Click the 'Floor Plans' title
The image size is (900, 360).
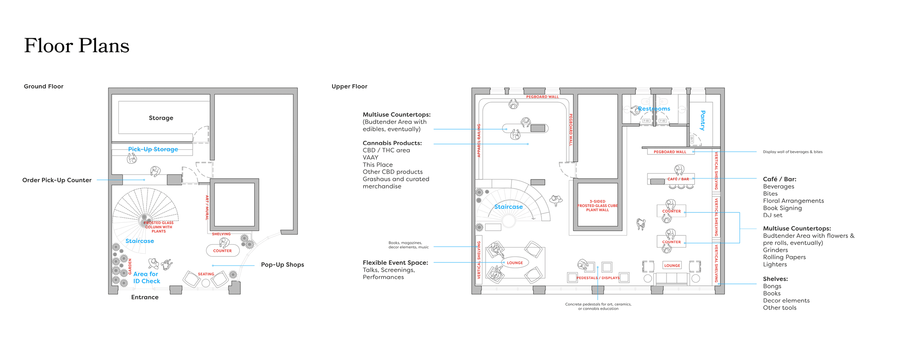click(76, 46)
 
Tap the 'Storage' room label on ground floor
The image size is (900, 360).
click(161, 118)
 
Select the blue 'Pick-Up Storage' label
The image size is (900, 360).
click(153, 149)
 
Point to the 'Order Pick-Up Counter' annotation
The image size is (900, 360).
click(57, 180)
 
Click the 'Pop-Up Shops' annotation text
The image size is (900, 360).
click(283, 265)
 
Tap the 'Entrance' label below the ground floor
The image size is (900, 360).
click(144, 297)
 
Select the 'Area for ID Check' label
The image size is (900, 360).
click(146, 278)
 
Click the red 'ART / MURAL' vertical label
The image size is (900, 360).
click(207, 207)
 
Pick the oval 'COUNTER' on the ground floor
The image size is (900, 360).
click(222, 251)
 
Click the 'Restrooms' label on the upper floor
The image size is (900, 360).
click(654, 109)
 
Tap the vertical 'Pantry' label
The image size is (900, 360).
click(702, 120)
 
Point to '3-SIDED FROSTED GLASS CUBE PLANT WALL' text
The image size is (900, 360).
click(598, 206)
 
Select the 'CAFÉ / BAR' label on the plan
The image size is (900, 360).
click(678, 179)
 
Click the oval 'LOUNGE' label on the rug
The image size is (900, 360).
click(515, 263)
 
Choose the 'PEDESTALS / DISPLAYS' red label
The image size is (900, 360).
click(598, 278)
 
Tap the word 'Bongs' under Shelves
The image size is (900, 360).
click(772, 286)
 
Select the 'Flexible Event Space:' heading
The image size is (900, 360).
click(395, 263)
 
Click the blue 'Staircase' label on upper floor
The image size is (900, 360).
click(508, 207)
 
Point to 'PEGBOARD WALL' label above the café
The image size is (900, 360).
click(670, 152)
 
